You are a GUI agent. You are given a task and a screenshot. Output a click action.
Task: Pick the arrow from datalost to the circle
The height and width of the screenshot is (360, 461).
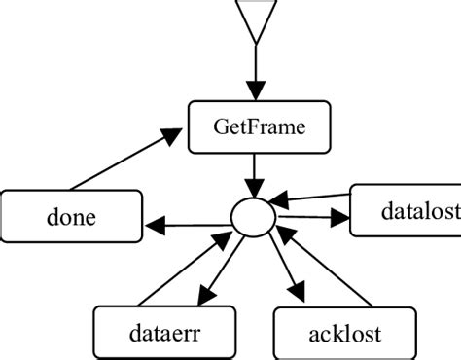coord(311,199)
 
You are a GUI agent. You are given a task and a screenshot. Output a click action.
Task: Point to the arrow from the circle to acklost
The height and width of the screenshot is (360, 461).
coord(282,268)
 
